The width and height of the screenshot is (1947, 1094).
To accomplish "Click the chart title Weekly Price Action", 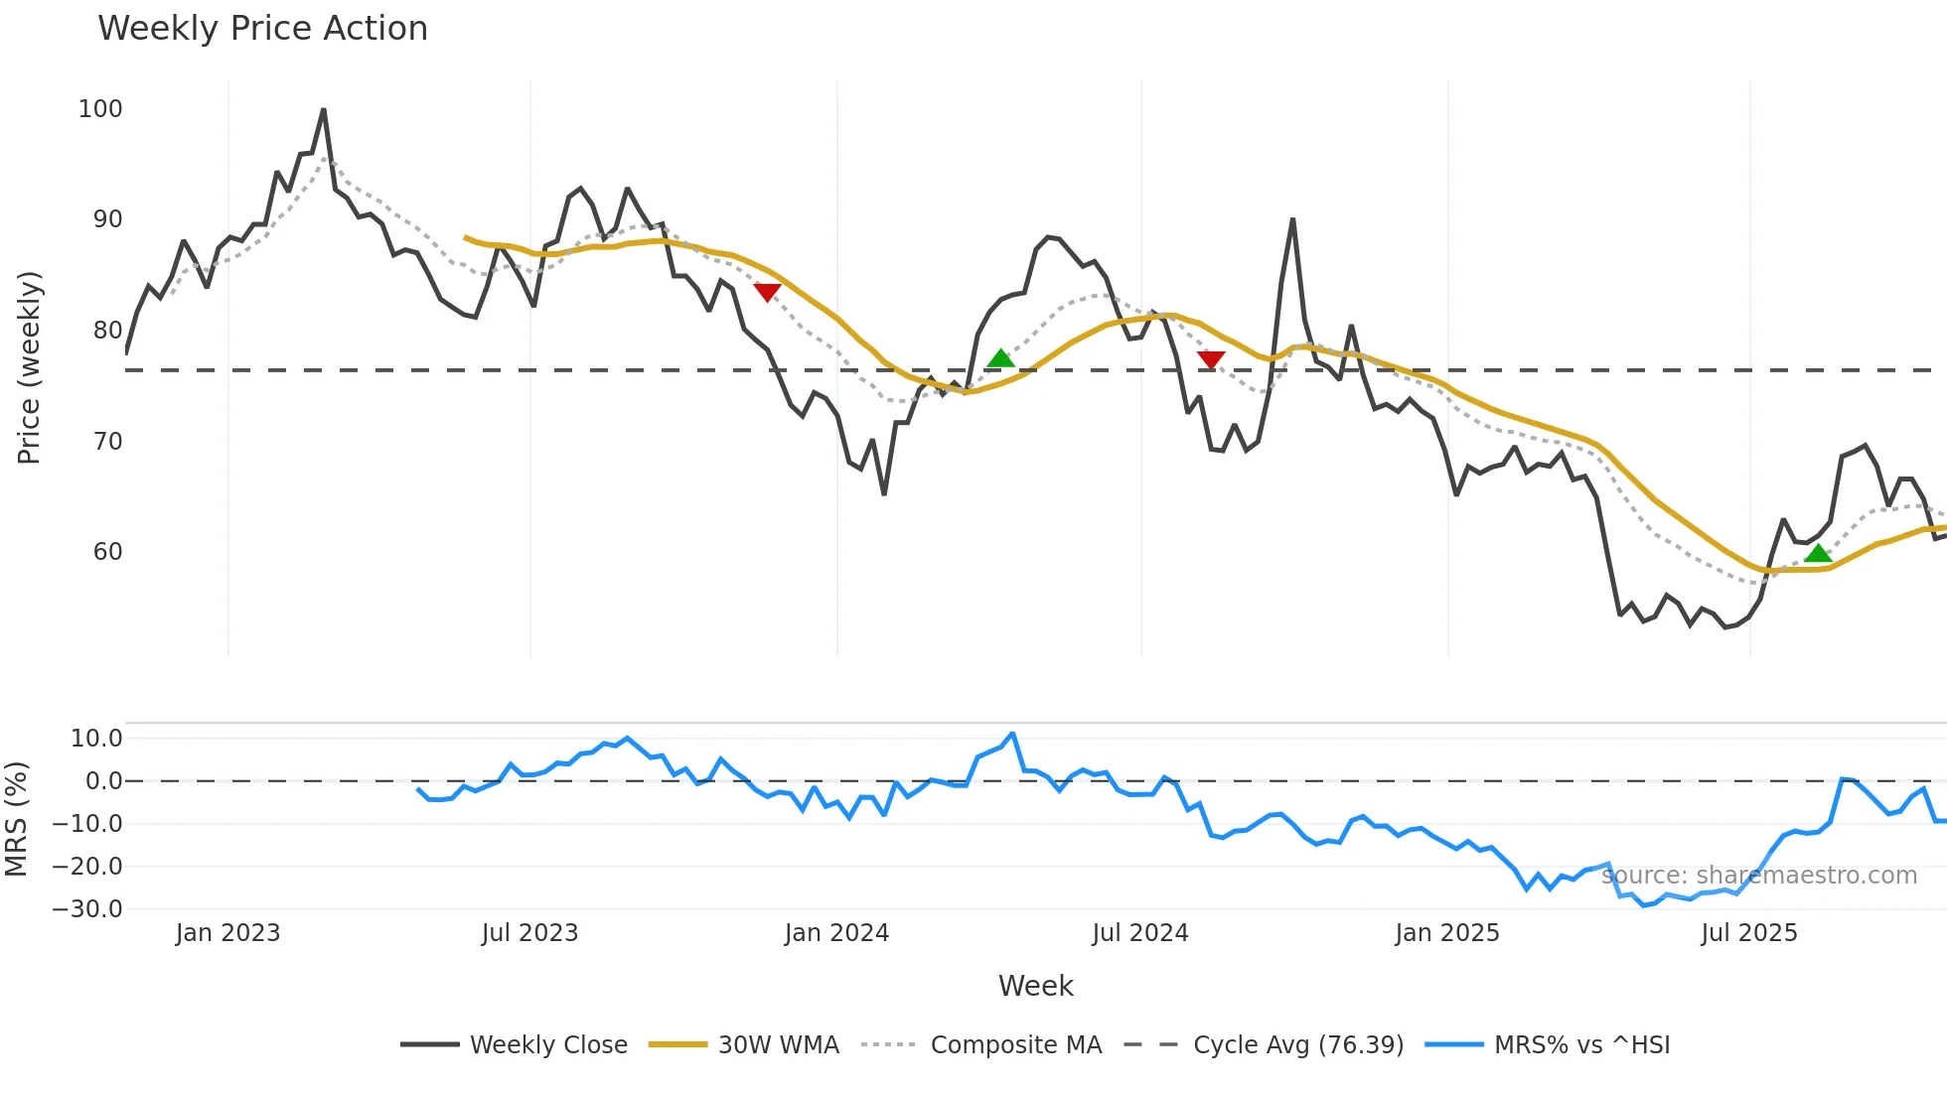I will [x=262, y=29].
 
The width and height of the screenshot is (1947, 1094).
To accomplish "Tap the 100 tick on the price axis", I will [x=100, y=109].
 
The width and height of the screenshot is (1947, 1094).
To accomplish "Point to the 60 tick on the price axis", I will [x=107, y=552].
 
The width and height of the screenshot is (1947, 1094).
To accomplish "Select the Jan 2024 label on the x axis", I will [x=836, y=933].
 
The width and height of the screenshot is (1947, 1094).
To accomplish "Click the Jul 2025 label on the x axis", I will [x=1748, y=933].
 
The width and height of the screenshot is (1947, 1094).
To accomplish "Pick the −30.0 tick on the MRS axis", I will [x=87, y=909].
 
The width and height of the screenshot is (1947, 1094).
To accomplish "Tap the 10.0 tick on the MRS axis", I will [x=96, y=739].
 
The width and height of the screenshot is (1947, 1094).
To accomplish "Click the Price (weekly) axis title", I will [x=29, y=367].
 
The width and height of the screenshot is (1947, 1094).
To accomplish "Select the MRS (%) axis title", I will [x=17, y=819].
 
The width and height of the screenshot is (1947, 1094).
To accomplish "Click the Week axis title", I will [x=1035, y=986].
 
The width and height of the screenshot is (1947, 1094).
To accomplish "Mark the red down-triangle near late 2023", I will [x=767, y=292].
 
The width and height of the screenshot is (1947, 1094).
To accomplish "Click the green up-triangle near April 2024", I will [x=1001, y=358].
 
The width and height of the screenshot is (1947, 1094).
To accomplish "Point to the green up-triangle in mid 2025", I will [x=1818, y=554].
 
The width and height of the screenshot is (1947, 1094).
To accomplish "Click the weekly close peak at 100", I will [x=324, y=110].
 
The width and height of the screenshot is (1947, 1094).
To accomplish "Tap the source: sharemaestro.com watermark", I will [x=1759, y=876].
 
